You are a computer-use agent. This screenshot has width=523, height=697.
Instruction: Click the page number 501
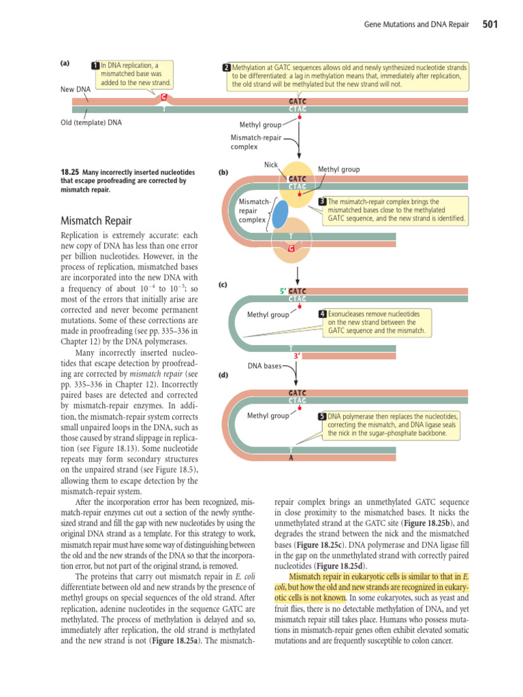pyautogui.click(x=490, y=25)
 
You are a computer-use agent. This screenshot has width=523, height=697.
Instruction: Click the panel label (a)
pyautogui.click(x=65, y=63)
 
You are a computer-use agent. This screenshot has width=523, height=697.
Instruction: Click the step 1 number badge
pyautogui.click(x=95, y=65)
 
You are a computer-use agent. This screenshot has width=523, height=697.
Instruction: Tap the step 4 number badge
pyautogui.click(x=323, y=314)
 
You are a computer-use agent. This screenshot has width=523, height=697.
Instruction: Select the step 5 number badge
pyautogui.click(x=323, y=416)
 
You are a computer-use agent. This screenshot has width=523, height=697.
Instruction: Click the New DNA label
pyautogui.click(x=75, y=90)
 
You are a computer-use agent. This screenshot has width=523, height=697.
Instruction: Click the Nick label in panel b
pyautogui.click(x=271, y=165)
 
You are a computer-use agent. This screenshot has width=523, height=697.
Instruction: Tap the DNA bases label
pyautogui.click(x=264, y=366)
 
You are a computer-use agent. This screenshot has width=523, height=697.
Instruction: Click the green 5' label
pyautogui.click(x=283, y=291)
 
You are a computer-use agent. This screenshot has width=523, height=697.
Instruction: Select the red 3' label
pyautogui.click(x=297, y=356)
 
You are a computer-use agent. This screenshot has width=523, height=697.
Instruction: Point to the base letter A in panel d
pyautogui.click(x=291, y=457)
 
